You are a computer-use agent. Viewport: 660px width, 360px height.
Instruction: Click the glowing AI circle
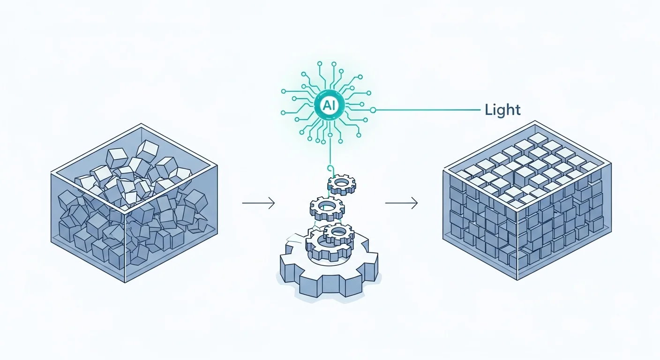pos(330,105)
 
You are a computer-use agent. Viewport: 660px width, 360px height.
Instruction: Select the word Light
pos(502,110)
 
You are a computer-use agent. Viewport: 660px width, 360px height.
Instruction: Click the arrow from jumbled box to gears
pos(258,203)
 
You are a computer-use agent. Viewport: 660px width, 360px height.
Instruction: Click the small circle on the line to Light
pos(373,110)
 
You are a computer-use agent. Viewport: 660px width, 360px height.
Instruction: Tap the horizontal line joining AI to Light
pos(427,110)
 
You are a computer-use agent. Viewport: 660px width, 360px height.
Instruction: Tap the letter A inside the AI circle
pos(327,105)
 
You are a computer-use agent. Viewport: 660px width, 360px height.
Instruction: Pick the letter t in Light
pos(517,111)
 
